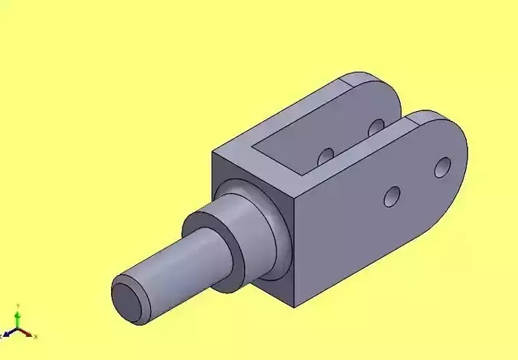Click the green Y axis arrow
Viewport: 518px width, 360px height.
tap(18, 319)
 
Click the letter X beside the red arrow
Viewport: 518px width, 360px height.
tap(35, 336)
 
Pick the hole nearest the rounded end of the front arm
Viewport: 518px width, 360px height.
tap(442, 166)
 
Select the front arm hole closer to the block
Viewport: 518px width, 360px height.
tap(392, 197)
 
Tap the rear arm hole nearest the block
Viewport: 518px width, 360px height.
tap(326, 155)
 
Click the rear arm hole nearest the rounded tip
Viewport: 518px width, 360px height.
tap(375, 126)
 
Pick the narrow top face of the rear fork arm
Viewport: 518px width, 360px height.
tap(299, 107)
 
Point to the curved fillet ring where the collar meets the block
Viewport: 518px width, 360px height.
tap(280, 230)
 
